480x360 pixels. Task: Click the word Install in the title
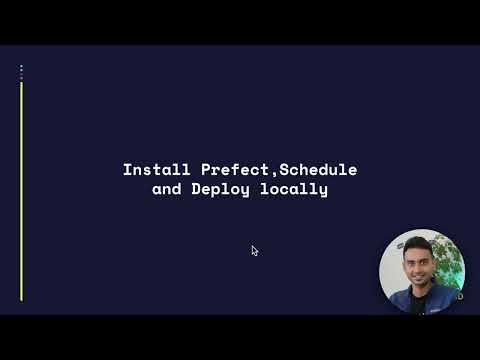click(x=150, y=170)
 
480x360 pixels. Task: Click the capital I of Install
click(x=127, y=170)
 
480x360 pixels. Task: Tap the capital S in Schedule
click(x=274, y=170)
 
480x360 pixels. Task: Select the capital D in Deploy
click(x=196, y=188)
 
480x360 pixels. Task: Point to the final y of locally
click(x=323, y=189)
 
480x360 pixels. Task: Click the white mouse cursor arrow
click(x=255, y=251)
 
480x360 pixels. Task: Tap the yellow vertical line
click(x=21, y=190)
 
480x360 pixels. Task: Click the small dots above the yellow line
click(x=21, y=71)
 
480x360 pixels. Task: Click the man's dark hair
click(x=417, y=245)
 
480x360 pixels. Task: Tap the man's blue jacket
click(x=394, y=302)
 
